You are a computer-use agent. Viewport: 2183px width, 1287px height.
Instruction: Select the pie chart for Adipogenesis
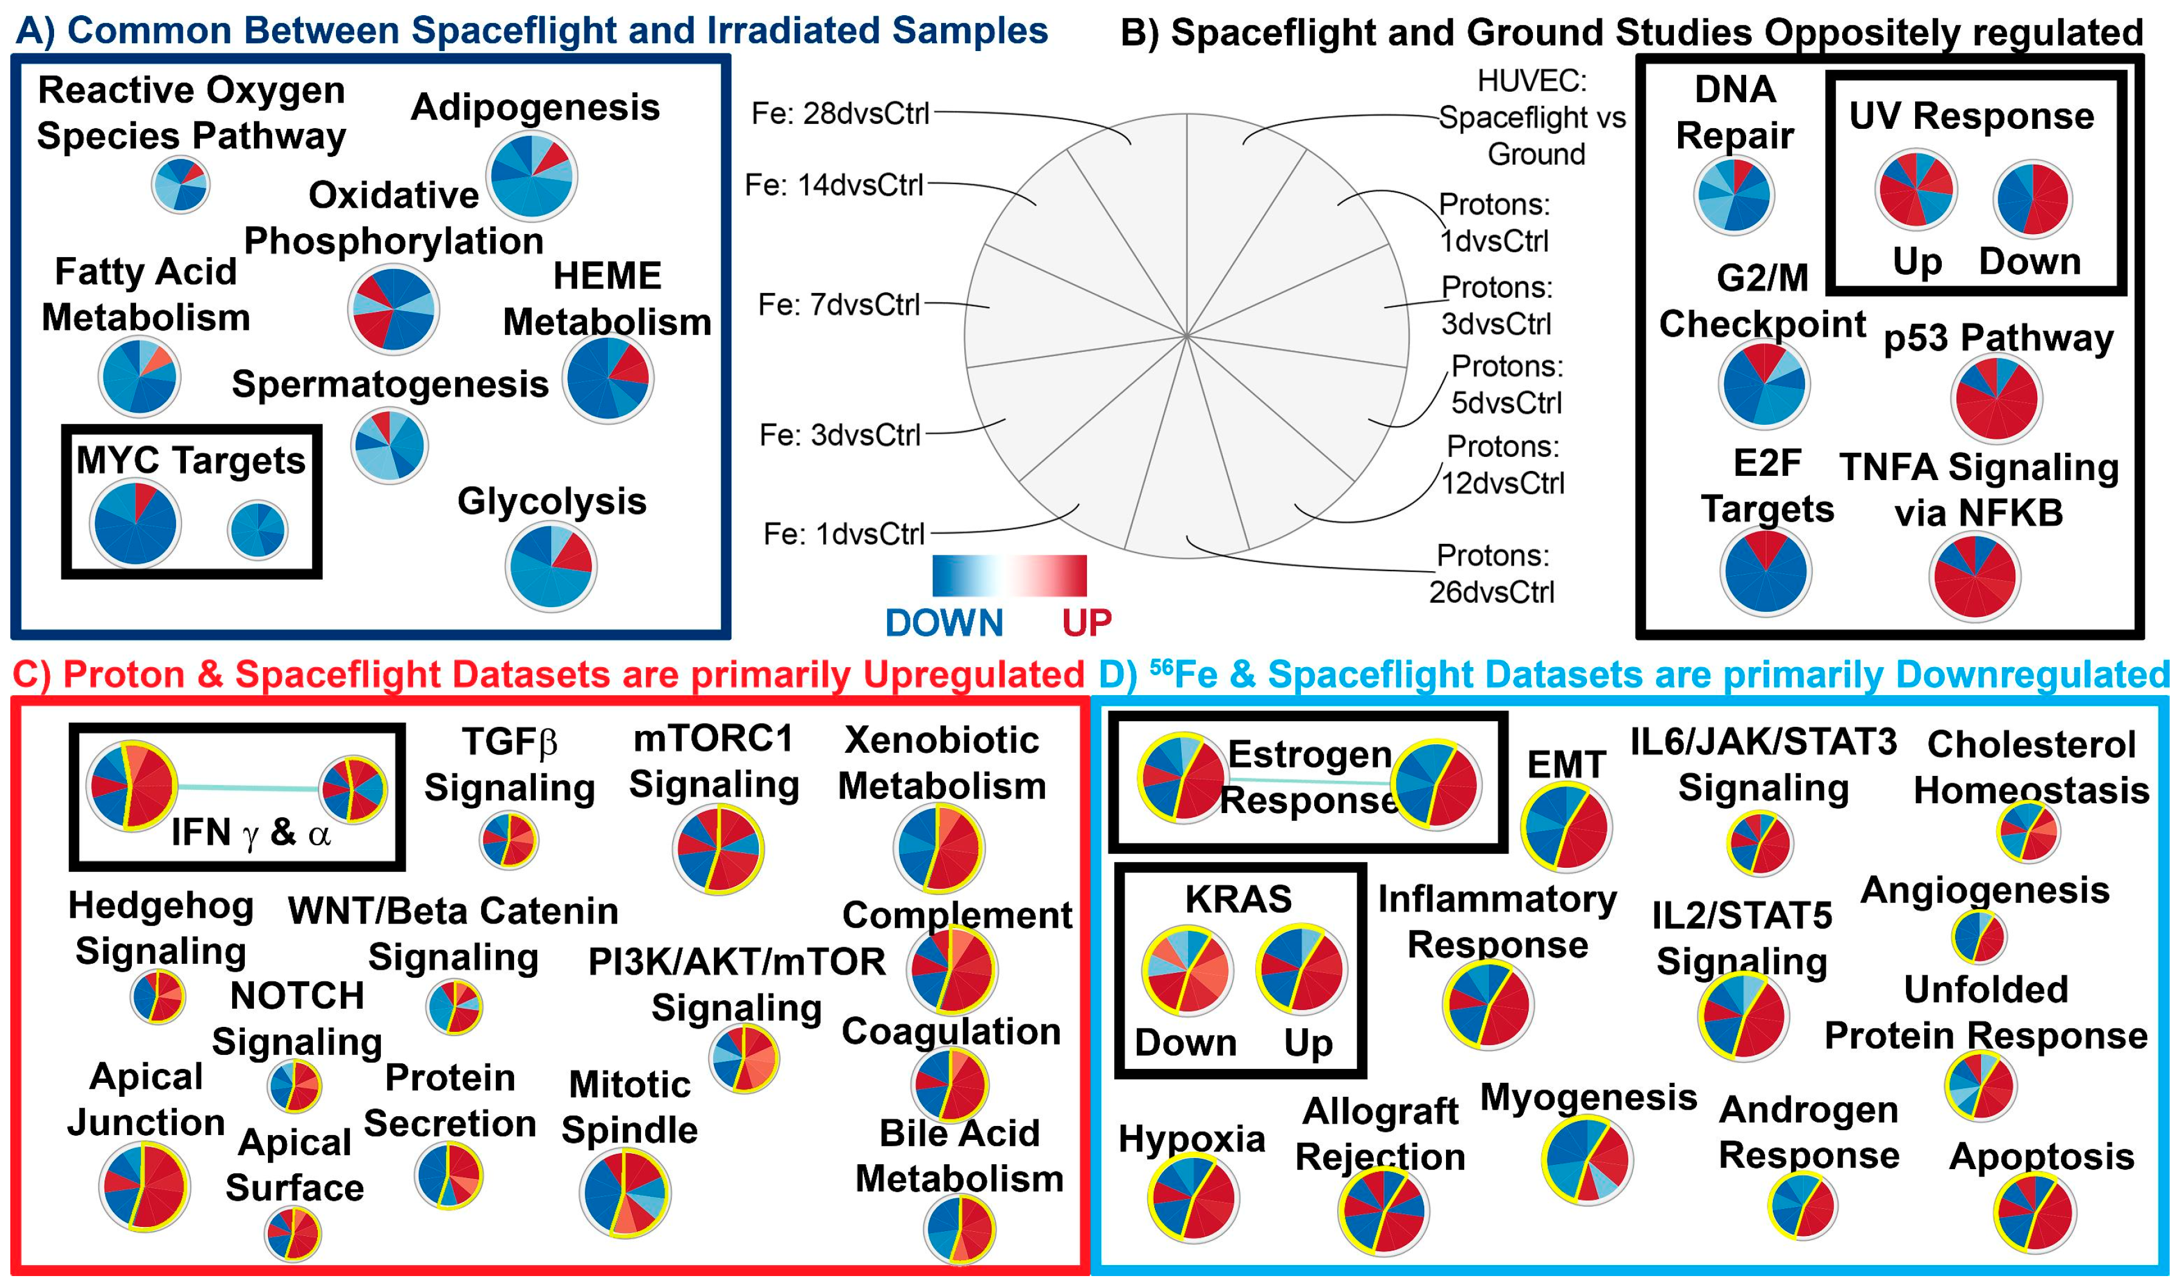(532, 176)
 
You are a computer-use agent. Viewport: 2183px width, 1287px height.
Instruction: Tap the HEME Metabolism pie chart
(608, 378)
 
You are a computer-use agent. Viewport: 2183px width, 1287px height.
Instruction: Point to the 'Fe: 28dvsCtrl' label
(840, 114)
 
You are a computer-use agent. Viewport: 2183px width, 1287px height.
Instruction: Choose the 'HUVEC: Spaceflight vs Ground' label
(1532, 117)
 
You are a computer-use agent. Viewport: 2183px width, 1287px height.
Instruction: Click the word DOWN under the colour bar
(944, 623)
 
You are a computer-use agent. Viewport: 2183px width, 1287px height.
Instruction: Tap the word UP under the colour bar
(1086, 623)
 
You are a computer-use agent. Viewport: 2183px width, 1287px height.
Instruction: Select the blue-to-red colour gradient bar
(1009, 575)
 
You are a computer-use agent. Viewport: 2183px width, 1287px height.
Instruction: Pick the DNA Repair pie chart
(1734, 195)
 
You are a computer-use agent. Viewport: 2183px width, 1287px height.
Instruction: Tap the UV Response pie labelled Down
(2033, 199)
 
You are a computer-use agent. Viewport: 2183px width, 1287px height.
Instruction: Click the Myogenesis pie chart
(1588, 1159)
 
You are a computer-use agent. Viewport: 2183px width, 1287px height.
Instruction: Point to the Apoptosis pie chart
(2035, 1212)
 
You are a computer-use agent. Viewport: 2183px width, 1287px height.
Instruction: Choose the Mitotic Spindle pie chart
(624, 1192)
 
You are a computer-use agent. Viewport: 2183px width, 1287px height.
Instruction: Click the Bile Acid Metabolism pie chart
(960, 1230)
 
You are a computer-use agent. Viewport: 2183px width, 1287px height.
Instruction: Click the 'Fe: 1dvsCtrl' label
(843, 534)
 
